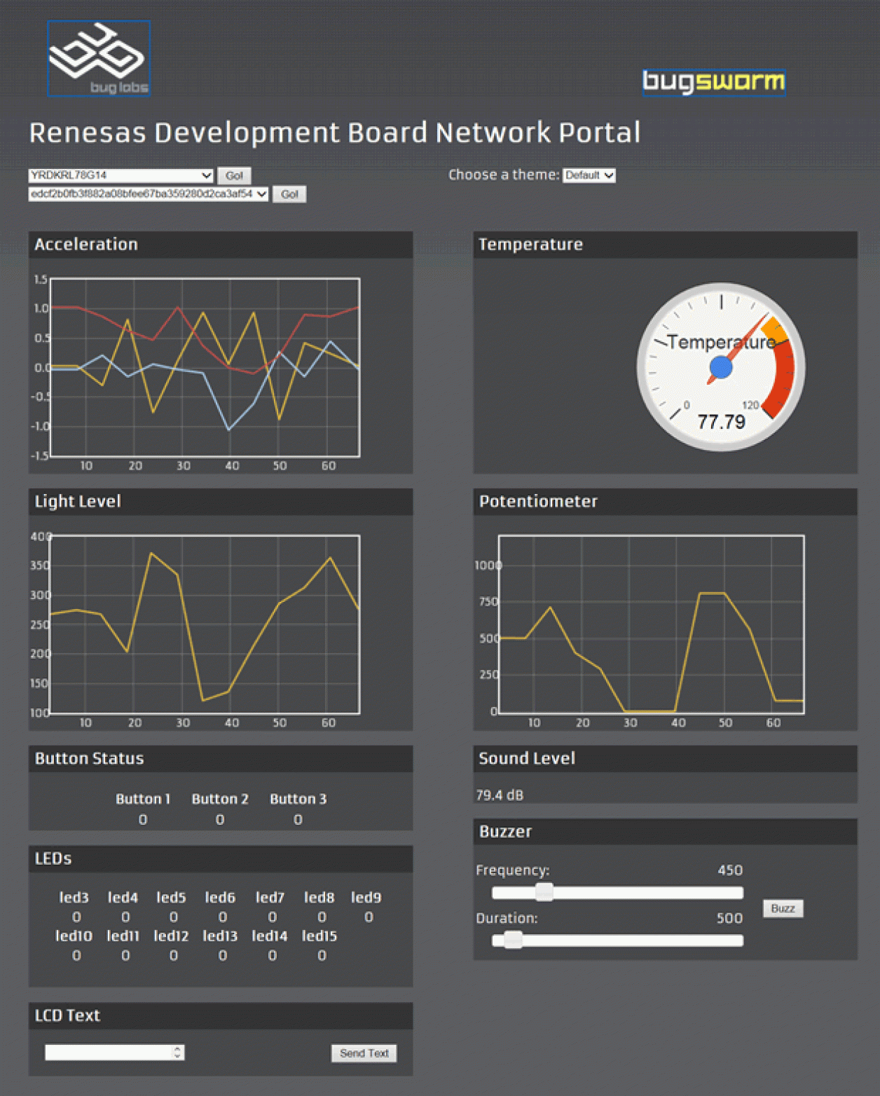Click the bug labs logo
pos(99,58)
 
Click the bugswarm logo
pos(713,82)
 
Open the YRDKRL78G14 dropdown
pos(121,175)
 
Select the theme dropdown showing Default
pos(589,175)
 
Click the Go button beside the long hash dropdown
pos(289,194)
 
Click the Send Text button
pos(364,1053)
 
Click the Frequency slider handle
pos(544,892)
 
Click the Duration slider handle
pos(513,940)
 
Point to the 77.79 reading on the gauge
pos(721,422)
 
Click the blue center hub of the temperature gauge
pos(721,367)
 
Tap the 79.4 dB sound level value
pos(500,795)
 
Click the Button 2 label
pos(220,799)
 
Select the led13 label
pos(220,936)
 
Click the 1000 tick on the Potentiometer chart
pos(488,566)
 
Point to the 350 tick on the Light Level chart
pos(40,566)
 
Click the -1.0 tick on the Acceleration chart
pos(40,426)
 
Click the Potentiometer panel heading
pos(538,502)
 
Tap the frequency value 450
pos(729,870)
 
